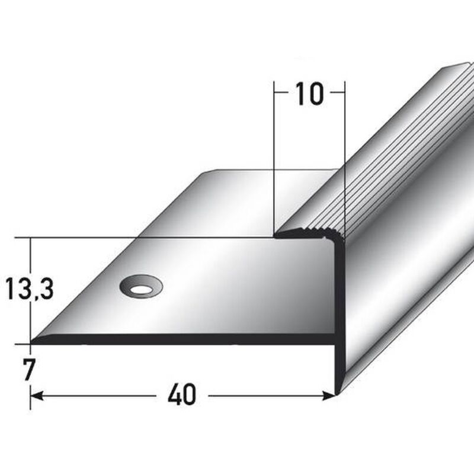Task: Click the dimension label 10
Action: [309, 94]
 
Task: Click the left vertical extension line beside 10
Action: [274, 154]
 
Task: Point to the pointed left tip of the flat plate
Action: [33, 341]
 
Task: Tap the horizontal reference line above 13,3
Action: [148, 238]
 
